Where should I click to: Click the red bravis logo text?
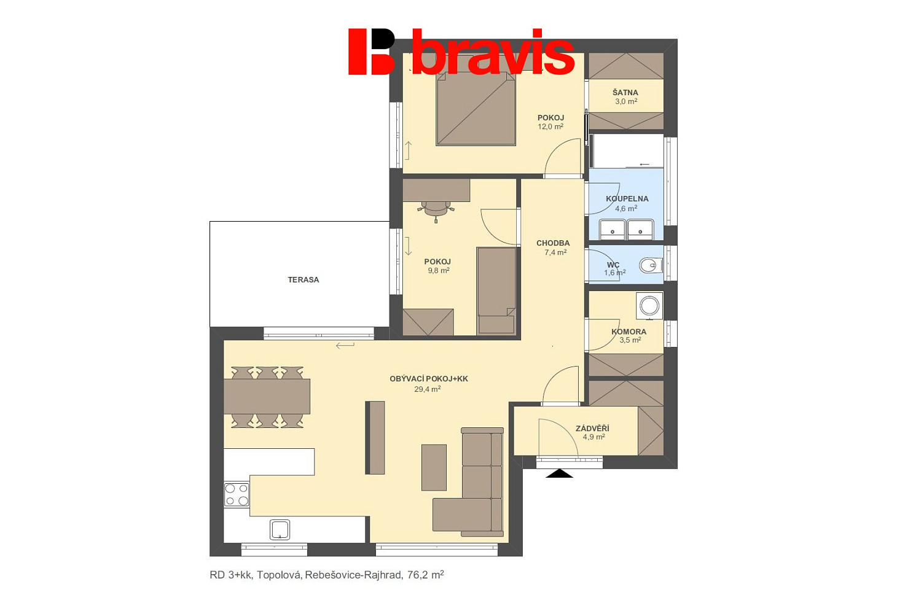(x=493, y=52)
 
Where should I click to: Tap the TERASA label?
(x=303, y=279)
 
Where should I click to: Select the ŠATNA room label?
(x=625, y=92)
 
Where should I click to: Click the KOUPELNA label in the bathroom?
(x=627, y=199)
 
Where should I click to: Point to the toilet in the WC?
(x=651, y=265)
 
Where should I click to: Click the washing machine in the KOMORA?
(x=649, y=306)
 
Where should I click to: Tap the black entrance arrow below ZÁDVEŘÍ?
(x=559, y=473)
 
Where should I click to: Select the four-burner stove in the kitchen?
(x=237, y=494)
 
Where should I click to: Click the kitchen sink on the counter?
(x=280, y=529)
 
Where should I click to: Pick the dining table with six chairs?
(x=267, y=397)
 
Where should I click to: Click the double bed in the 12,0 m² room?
(x=476, y=109)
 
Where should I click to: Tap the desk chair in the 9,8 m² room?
(x=436, y=209)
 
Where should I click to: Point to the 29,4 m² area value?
(x=428, y=389)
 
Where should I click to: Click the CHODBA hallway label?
(x=553, y=243)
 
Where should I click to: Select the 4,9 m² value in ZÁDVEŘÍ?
(x=593, y=437)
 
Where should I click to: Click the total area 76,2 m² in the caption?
(x=425, y=575)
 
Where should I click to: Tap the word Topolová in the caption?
(x=280, y=575)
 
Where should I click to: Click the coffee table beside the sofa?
(x=434, y=468)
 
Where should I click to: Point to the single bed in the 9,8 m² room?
(x=496, y=290)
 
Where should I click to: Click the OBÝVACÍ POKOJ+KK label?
(x=429, y=379)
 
